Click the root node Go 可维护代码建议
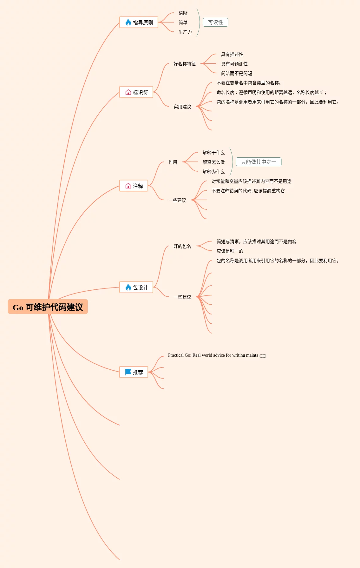[x=48, y=307]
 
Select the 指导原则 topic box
[x=139, y=23]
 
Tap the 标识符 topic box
[x=136, y=92]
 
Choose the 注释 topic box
[x=134, y=186]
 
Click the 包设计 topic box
[x=136, y=287]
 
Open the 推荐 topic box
[x=134, y=372]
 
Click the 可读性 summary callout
[x=215, y=23]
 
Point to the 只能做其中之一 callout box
[x=259, y=162]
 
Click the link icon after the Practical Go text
[x=263, y=356]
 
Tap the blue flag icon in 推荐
[x=128, y=372]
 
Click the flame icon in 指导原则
[x=128, y=22]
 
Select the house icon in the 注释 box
[x=128, y=186]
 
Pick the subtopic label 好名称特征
[x=184, y=64]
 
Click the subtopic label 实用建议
[x=182, y=107]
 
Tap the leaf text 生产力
[x=185, y=32]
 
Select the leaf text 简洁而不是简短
[x=236, y=73]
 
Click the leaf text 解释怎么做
[x=213, y=162]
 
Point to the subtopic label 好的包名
[x=182, y=246]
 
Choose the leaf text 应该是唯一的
[x=230, y=251]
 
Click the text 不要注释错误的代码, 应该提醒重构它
[x=248, y=191]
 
